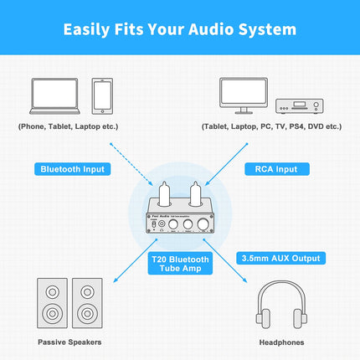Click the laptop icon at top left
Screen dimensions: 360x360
(55, 95)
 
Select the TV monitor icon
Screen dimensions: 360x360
(244, 94)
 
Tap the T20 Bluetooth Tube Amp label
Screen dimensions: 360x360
(180, 264)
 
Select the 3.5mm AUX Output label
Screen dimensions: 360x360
(281, 258)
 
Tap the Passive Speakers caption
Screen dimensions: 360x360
(69, 342)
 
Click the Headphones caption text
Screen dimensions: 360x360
(280, 342)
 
